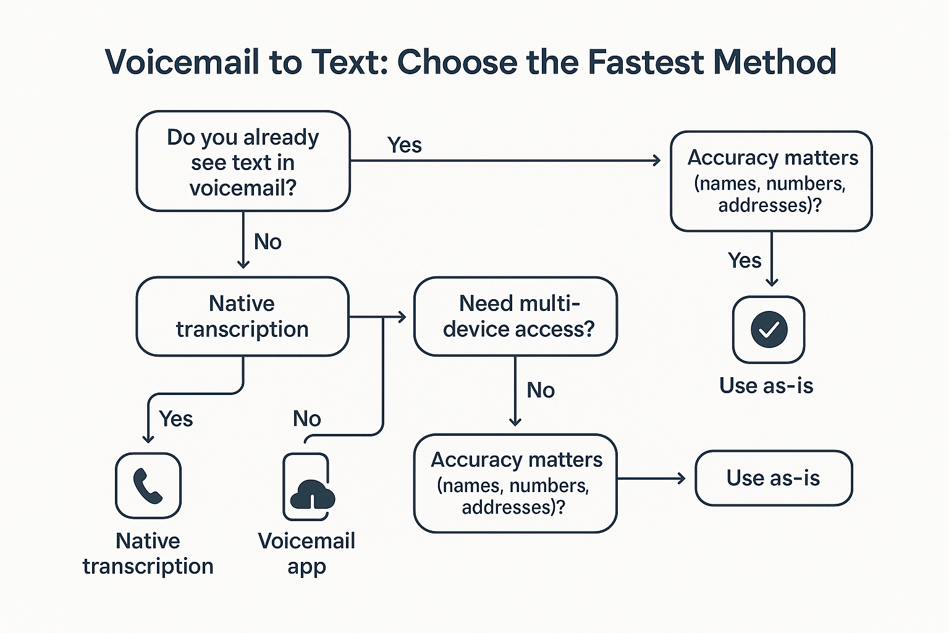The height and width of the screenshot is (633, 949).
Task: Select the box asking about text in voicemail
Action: click(243, 161)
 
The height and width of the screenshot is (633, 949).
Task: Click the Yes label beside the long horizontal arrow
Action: click(404, 145)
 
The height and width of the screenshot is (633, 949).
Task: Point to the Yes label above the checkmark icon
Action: click(744, 260)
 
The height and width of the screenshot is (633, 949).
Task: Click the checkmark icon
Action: click(769, 329)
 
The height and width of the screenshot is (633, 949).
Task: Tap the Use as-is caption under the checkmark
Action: click(766, 386)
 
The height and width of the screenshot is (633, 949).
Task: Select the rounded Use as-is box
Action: click(774, 478)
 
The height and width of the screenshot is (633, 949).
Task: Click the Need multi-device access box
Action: click(515, 316)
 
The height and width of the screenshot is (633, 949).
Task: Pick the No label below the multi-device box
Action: click(540, 390)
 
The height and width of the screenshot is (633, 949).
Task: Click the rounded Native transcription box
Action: click(242, 316)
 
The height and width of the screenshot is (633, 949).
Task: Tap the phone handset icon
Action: click(148, 486)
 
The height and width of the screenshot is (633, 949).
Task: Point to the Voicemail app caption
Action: click(306, 553)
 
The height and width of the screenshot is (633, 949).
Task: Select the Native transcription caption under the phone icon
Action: click(148, 553)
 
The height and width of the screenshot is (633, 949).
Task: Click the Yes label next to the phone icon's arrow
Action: click(175, 419)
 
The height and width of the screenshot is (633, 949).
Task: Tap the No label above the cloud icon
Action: click(306, 419)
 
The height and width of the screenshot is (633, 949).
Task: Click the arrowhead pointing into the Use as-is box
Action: click(681, 478)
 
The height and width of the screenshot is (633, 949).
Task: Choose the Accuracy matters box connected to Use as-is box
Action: click(515, 483)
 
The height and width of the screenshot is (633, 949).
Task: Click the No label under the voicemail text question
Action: click(268, 242)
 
